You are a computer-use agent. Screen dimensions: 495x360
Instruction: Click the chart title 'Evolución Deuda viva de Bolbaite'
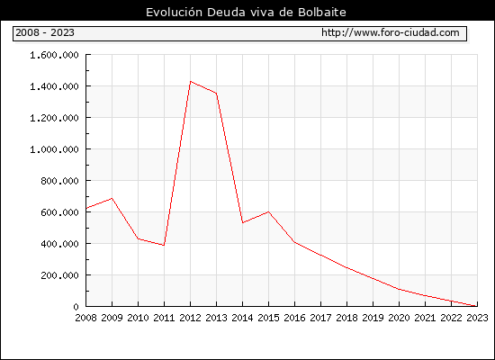246,13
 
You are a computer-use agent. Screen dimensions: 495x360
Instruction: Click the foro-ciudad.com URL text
391,32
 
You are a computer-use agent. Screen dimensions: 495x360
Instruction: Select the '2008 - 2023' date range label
45,32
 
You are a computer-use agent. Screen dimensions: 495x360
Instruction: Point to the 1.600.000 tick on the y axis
54,55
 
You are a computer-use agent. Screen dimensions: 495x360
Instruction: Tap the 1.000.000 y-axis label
54,149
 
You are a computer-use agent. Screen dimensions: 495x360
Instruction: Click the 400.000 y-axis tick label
59,244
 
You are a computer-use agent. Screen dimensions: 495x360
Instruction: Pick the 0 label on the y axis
76,307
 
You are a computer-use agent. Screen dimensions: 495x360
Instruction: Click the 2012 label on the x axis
190,318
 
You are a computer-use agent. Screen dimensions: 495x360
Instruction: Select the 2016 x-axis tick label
294,318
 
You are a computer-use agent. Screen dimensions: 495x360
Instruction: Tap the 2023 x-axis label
477,318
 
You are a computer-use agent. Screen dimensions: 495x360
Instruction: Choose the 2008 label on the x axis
85,318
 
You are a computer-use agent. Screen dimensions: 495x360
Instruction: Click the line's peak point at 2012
191,82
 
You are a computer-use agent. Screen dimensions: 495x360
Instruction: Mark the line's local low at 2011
164,245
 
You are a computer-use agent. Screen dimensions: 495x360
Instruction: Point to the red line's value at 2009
112,198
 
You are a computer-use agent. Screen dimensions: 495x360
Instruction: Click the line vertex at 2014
242,222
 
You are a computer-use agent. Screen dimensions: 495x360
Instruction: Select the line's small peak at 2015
269,211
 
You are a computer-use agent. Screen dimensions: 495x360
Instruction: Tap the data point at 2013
216,94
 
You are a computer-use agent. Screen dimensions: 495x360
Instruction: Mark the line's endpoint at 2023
477,306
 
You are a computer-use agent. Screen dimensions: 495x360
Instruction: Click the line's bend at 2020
399,289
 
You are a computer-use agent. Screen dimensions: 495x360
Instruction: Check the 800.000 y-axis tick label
59,181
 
